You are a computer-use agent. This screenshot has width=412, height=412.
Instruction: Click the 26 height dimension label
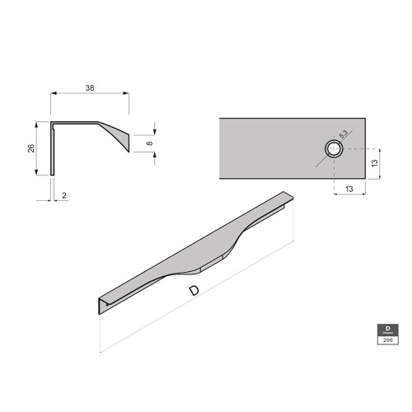[30, 148]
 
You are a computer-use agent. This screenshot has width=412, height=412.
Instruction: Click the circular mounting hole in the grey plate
[333, 148]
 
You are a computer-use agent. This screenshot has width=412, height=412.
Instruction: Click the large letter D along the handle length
[194, 291]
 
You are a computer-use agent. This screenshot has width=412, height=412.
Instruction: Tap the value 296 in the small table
[386, 339]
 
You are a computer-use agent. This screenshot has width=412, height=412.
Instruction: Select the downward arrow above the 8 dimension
[152, 129]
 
